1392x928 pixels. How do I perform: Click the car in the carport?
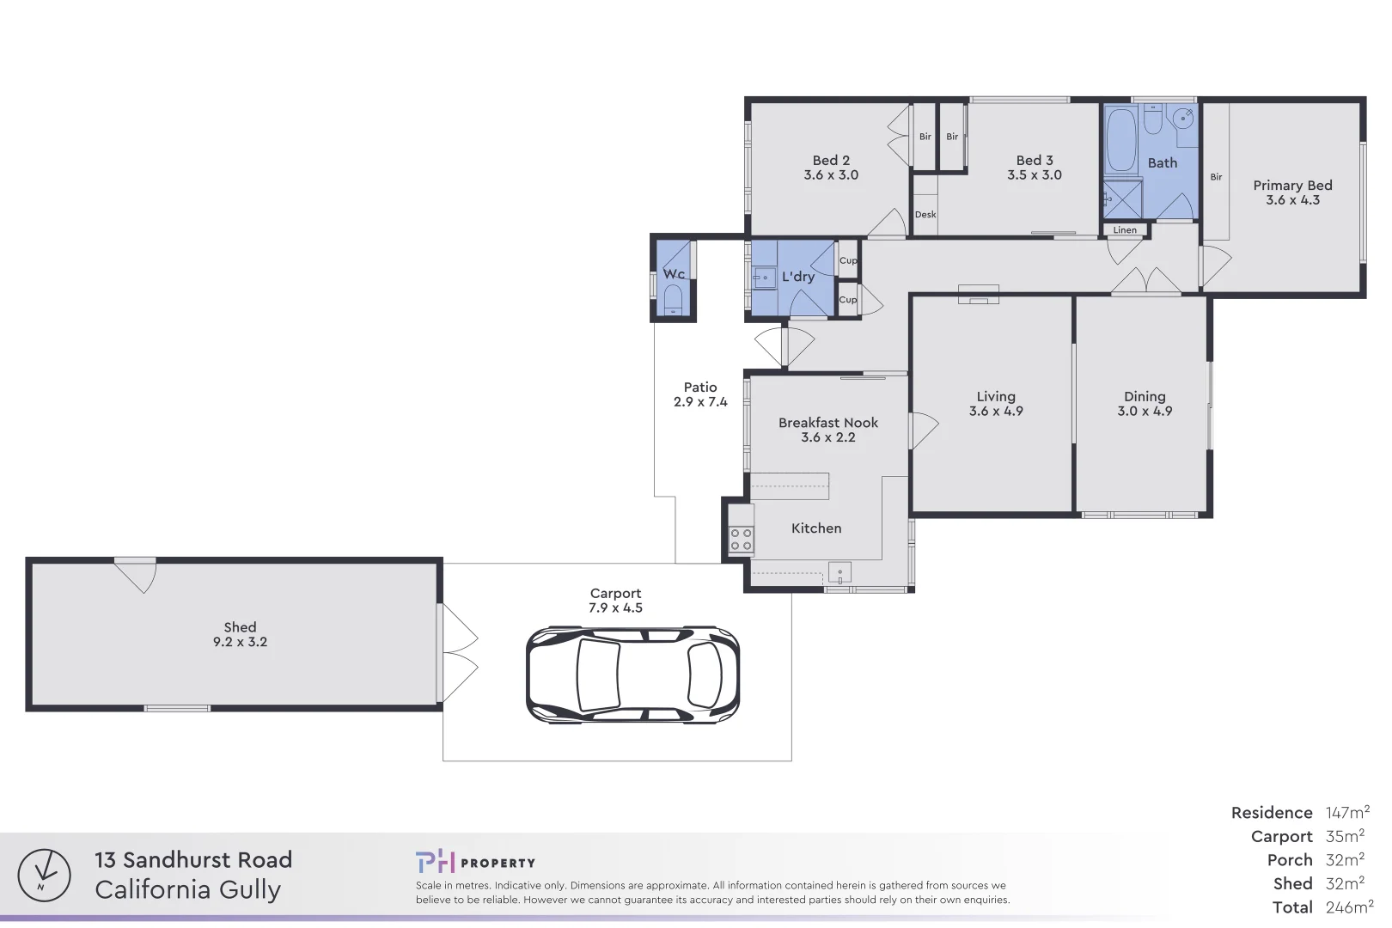[x=632, y=675]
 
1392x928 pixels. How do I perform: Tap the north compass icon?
[x=44, y=876]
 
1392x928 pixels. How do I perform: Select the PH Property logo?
[x=475, y=862]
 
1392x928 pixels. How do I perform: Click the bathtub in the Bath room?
[x=1121, y=141]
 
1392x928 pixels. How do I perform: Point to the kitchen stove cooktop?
[x=741, y=540]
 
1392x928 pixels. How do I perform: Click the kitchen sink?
[x=839, y=572]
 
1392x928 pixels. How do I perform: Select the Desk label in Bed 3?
[x=925, y=215]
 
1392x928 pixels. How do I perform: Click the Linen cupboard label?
[x=1125, y=230]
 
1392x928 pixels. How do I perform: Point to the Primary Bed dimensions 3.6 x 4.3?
[x=1292, y=200]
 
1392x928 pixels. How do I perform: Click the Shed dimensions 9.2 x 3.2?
[x=240, y=642]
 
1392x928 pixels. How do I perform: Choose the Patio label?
[x=700, y=388]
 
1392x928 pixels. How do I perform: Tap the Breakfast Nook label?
[x=827, y=423]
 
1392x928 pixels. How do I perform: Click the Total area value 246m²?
[x=1349, y=907]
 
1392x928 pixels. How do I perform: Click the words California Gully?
[x=187, y=890]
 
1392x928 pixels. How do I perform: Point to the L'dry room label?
[x=798, y=277]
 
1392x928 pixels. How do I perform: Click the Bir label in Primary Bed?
[x=1216, y=177]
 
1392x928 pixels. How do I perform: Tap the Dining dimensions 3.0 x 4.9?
[x=1145, y=412]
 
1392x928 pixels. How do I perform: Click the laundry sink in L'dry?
[x=764, y=278]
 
